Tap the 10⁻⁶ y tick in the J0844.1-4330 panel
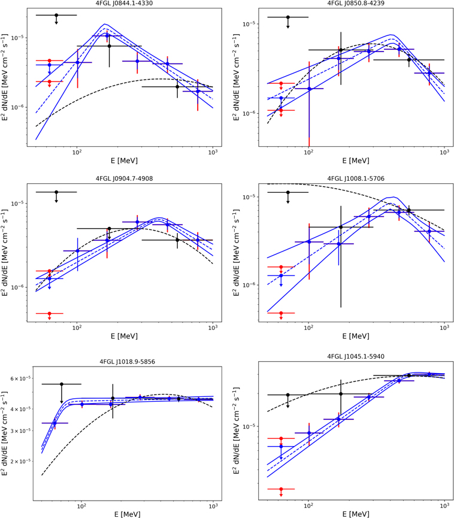16,108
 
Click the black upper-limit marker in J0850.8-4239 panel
288,17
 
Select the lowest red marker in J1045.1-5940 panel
280,489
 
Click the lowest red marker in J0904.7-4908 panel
49,313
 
